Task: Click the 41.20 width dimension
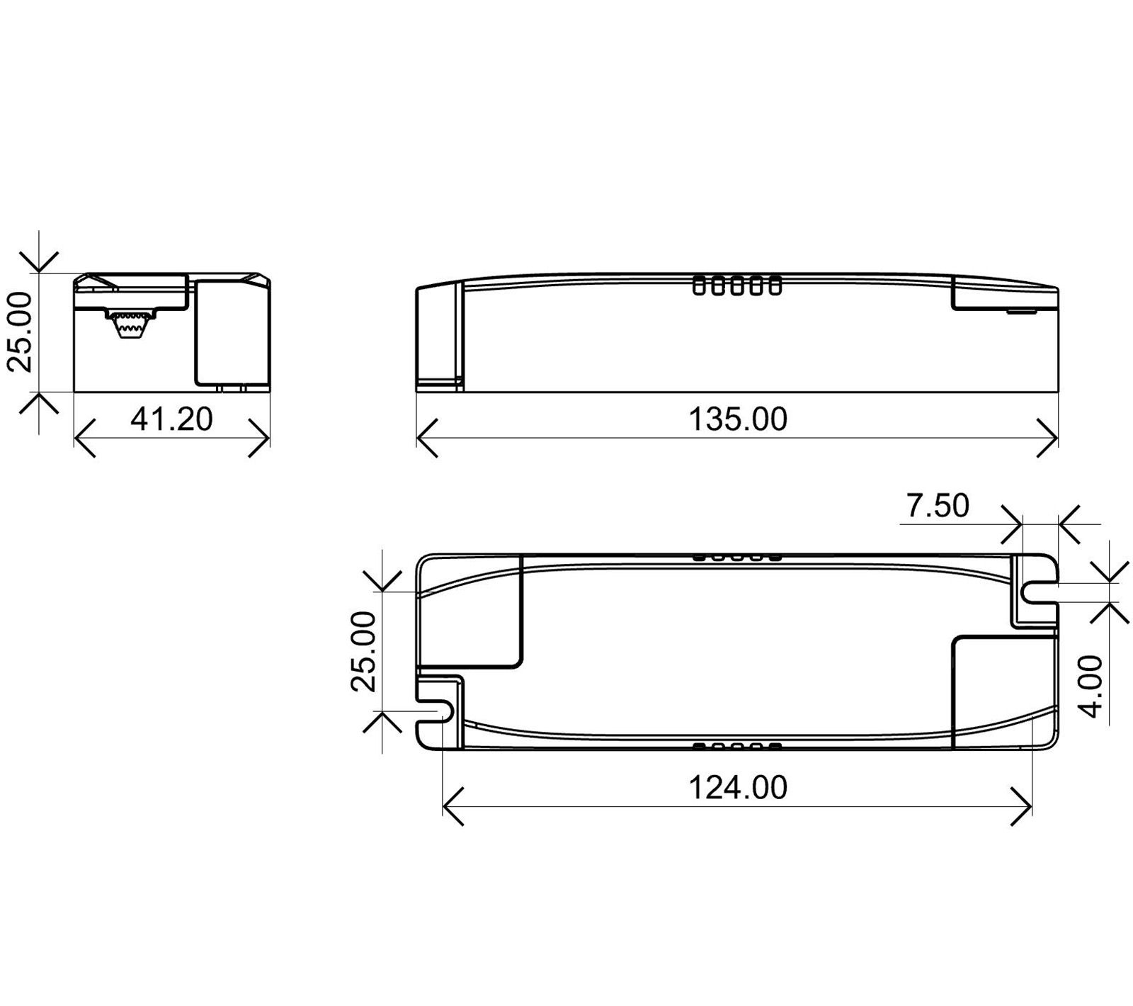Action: click(x=171, y=419)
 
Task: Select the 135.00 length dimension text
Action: click(x=737, y=419)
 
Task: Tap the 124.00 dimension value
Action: click(x=737, y=788)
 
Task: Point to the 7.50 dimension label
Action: click(x=938, y=506)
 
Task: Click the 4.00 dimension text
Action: click(x=1093, y=686)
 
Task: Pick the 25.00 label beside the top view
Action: click(x=364, y=651)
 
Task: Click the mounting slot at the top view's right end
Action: click(x=1040, y=593)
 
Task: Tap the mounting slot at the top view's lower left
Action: click(x=435, y=713)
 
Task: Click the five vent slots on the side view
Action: click(x=737, y=286)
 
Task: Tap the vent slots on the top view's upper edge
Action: click(x=737, y=558)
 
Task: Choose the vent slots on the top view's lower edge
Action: click(x=737, y=746)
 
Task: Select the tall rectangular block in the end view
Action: click(x=232, y=332)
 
